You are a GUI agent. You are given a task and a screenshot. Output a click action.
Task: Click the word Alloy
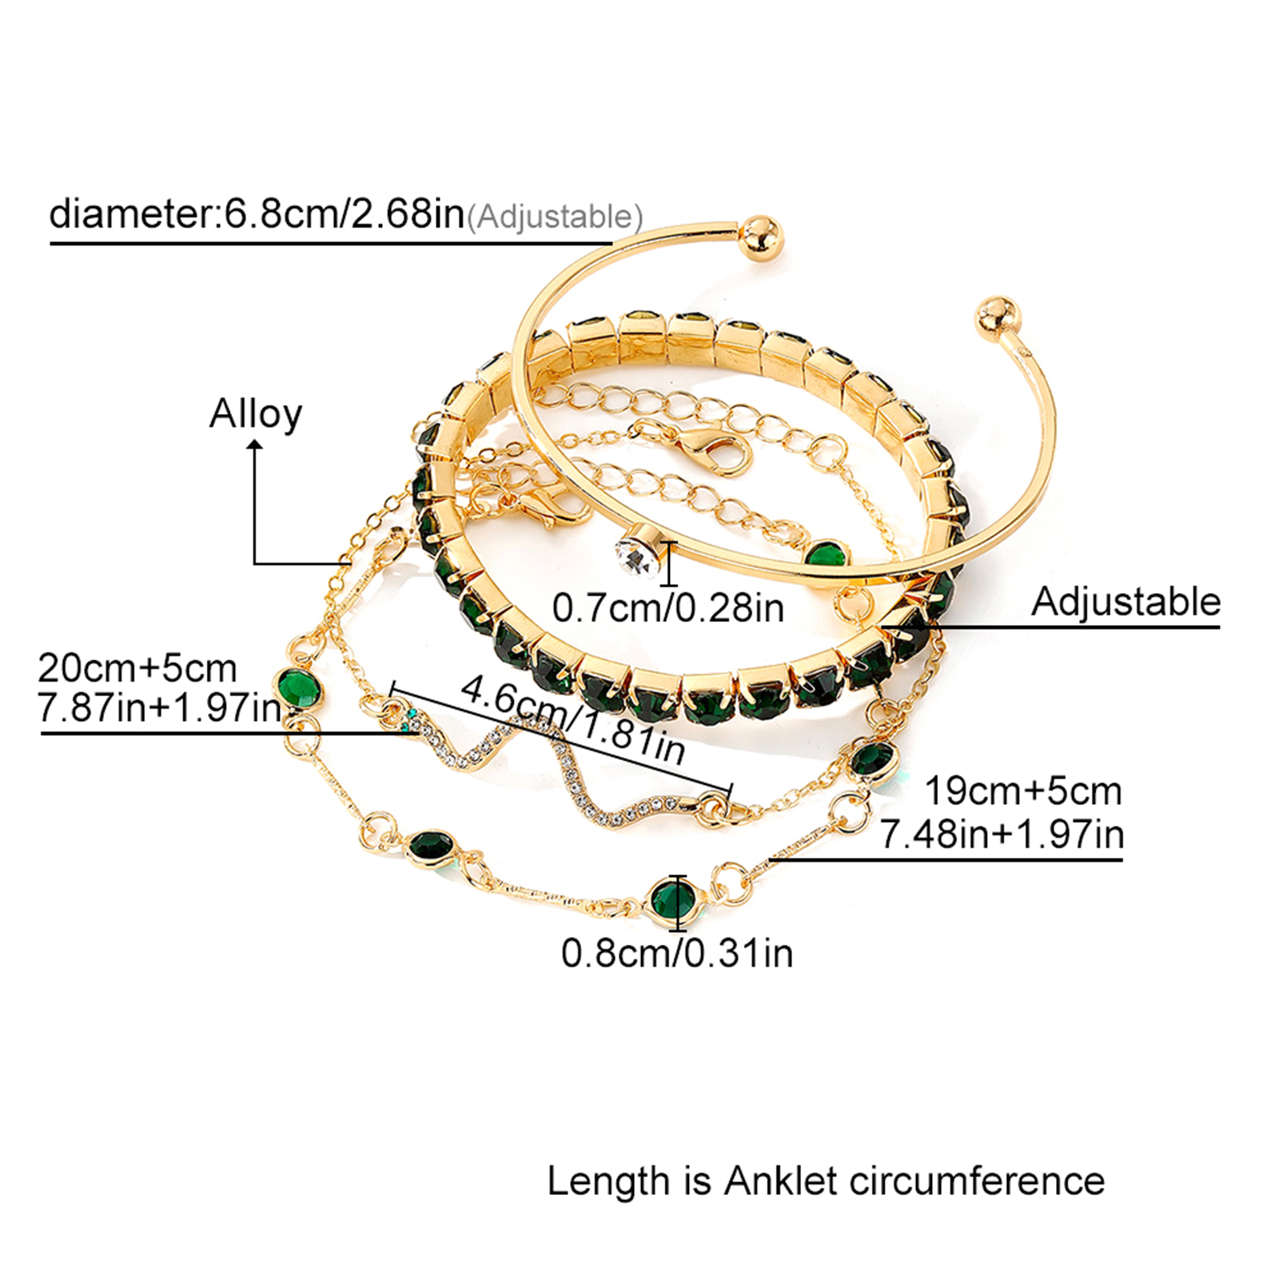pos(256,414)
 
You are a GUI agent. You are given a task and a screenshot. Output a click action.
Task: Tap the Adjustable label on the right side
pos(1126,601)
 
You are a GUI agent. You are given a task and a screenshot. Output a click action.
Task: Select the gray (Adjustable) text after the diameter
pos(555,217)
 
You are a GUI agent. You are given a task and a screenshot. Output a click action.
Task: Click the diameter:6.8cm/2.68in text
pos(257,213)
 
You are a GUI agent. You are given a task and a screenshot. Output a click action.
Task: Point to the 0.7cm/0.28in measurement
pos(668,608)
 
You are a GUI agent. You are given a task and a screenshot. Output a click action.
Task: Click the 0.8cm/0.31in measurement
pos(677,953)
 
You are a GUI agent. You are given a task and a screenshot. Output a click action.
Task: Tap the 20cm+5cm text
pos(137,667)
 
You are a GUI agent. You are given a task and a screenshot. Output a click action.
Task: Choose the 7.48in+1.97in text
pos(1002,834)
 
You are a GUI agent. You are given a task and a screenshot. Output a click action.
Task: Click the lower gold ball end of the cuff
pos(996,317)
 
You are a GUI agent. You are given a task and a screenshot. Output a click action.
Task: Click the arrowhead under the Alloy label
pos(255,449)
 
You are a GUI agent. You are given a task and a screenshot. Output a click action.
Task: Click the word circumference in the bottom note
pos(977,1181)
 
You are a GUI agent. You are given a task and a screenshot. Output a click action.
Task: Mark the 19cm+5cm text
pos(1023,791)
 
